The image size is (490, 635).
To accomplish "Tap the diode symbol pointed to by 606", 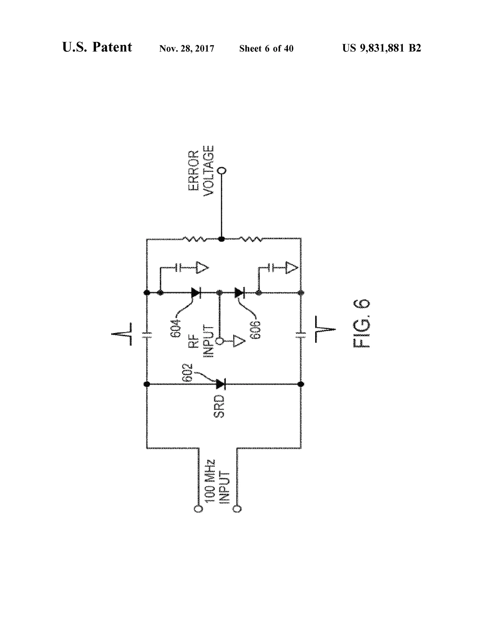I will tap(239, 293).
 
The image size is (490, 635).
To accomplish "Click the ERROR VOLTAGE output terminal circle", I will tap(222, 170).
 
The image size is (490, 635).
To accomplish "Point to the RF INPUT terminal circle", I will tap(220, 341).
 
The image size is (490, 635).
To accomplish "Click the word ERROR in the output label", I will tap(194, 171).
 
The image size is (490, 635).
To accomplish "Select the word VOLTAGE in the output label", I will tap(208, 171).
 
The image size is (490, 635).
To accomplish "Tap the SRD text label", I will tap(219, 406).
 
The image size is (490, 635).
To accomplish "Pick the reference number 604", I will tap(175, 329).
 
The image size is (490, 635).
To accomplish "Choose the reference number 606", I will tap(256, 330).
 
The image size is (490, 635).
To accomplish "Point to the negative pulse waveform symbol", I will tap(325, 329).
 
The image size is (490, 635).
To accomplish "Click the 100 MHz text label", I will tap(210, 481).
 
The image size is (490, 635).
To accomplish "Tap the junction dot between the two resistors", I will tap(222, 239).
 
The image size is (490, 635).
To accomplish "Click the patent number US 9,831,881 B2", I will tap(381, 48).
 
